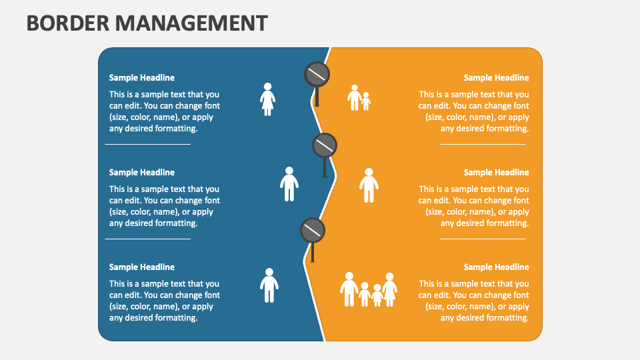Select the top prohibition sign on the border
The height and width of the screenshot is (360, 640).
coord(317,75)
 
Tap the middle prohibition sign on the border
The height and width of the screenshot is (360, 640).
coord(325,145)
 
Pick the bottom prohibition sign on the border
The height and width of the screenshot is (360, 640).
coord(312,231)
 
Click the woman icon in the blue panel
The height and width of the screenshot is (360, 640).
coord(267,99)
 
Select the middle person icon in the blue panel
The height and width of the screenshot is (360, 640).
coord(289,184)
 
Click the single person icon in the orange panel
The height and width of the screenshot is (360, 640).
coord(369,185)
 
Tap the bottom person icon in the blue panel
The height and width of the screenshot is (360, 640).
coord(269,285)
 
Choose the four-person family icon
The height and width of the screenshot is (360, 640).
coord(369,289)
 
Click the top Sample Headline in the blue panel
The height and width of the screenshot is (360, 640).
coord(142,78)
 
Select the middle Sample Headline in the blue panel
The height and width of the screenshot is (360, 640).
coord(142,173)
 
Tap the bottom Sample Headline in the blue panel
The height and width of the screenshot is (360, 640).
coord(142,267)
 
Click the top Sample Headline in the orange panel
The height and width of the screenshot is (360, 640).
coord(496,78)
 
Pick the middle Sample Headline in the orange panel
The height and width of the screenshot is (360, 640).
coord(496,173)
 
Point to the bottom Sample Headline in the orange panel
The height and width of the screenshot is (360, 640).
coord(496,267)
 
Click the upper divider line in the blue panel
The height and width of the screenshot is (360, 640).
coord(148,144)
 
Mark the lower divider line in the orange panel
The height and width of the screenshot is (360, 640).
coord(483,239)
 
